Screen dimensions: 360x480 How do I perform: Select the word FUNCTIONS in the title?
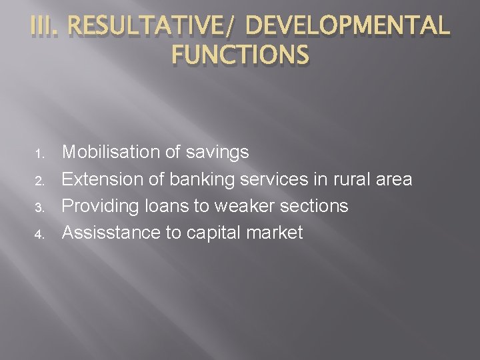(x=239, y=54)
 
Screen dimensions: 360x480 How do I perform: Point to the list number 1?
(x=39, y=154)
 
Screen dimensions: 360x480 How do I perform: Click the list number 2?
(x=39, y=181)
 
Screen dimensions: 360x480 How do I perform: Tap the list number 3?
(x=39, y=207)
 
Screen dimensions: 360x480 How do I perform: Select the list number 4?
(x=39, y=234)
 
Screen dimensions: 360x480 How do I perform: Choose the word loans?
(x=170, y=206)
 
